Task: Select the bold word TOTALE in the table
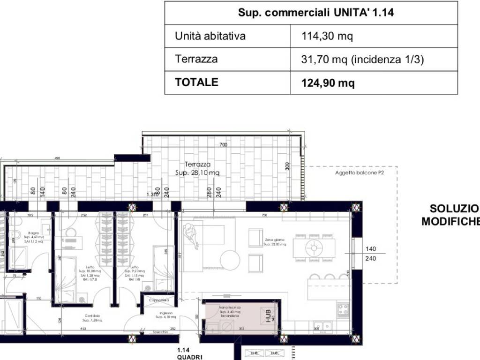point(196,82)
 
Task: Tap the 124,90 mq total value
point(328,83)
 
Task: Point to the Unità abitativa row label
point(210,36)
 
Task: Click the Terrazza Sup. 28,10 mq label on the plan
point(197,169)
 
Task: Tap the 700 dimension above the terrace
point(223,145)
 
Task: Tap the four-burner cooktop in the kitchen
point(343,309)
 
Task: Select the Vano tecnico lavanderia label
point(230,311)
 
